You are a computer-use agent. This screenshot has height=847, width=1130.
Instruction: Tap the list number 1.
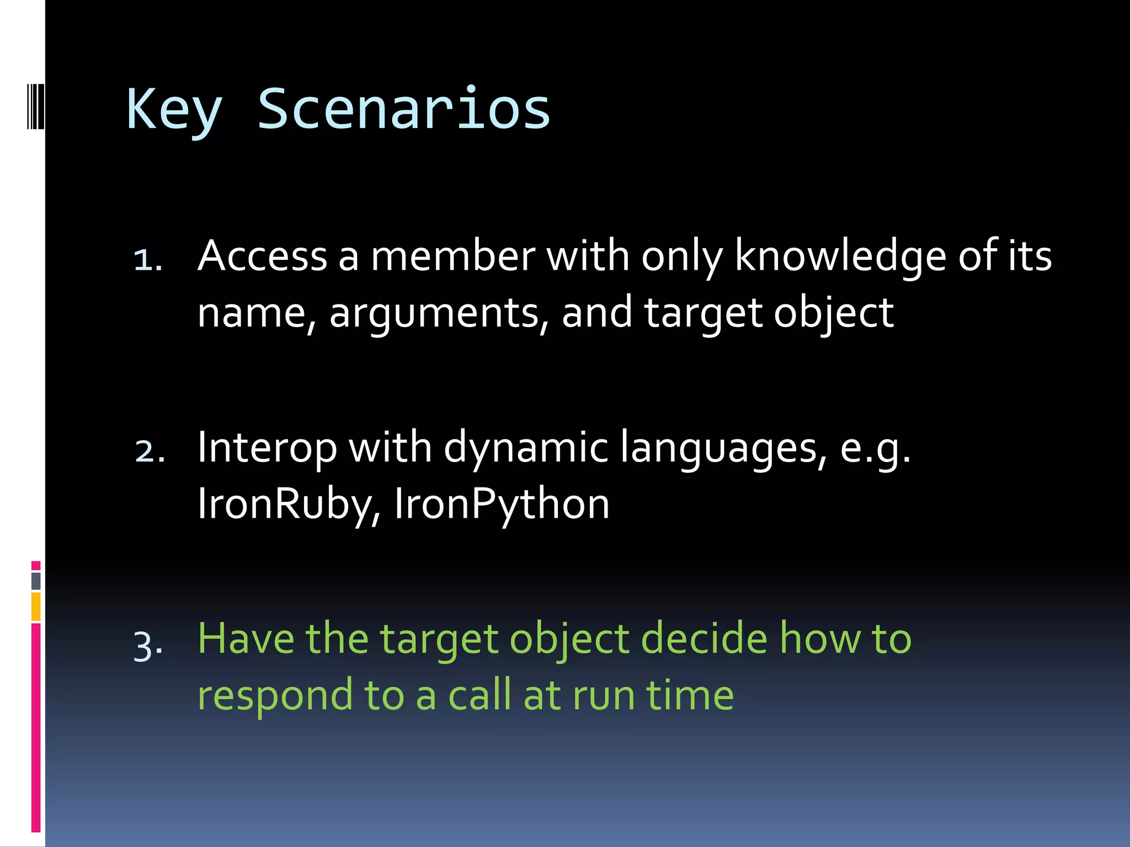(x=148, y=260)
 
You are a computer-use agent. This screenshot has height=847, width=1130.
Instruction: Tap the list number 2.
(x=150, y=451)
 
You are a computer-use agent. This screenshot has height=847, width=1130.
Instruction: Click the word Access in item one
(x=263, y=256)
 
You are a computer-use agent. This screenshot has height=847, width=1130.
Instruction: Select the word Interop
(x=267, y=448)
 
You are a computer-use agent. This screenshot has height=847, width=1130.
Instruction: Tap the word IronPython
(x=502, y=504)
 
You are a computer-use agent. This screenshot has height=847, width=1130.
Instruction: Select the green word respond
(x=275, y=696)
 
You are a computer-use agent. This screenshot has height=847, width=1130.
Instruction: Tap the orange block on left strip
(x=36, y=607)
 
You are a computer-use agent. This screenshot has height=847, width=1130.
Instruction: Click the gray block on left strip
(x=36, y=581)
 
